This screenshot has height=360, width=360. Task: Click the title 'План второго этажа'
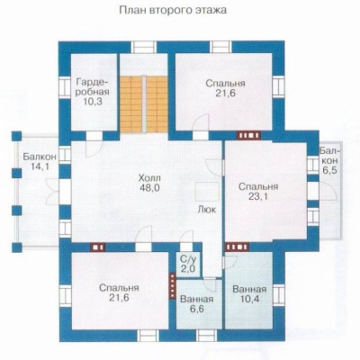click(173, 10)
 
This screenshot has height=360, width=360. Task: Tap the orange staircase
click(144, 103)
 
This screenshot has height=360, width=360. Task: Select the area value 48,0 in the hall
click(149, 188)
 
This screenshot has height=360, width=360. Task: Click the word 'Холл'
click(149, 178)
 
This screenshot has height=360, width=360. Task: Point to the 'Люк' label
click(207, 209)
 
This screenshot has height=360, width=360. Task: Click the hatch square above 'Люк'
click(207, 192)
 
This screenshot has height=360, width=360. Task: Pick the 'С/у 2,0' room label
click(188, 264)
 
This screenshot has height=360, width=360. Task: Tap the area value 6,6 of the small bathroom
click(197, 309)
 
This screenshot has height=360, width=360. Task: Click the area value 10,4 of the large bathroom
click(249, 299)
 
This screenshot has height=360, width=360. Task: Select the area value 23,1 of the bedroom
click(258, 196)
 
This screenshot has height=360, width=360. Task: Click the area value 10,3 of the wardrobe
click(93, 101)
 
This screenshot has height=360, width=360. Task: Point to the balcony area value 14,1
click(40, 166)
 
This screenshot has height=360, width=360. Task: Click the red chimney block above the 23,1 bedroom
click(247, 136)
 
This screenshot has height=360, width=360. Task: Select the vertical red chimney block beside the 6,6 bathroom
click(172, 285)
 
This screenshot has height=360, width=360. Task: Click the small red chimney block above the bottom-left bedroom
click(98, 247)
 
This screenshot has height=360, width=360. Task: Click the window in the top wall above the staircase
click(144, 48)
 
